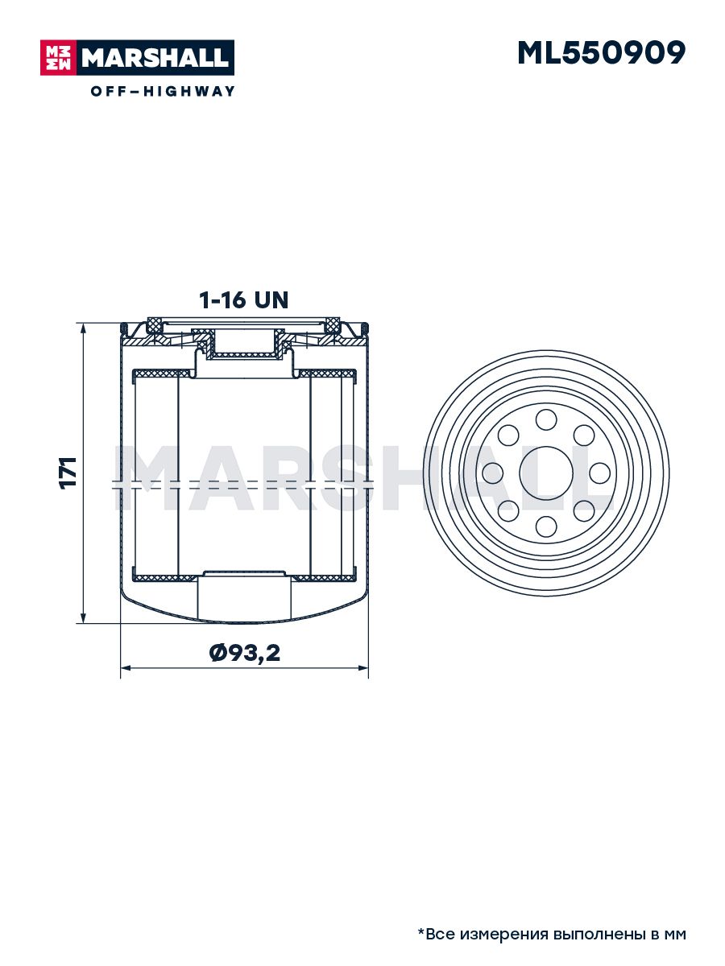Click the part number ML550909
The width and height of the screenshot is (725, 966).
601,53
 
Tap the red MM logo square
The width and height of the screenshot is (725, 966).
59,58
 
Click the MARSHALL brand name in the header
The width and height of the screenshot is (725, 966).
155,58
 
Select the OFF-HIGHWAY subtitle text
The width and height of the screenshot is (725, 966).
163,91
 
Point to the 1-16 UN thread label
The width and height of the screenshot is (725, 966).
244,300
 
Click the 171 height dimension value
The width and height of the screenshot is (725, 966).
68,473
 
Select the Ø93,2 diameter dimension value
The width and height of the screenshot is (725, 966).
244,653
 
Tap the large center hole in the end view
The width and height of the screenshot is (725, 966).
546,473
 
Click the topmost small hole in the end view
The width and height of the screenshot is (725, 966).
546,419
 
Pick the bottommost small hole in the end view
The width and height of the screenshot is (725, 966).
546,526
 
